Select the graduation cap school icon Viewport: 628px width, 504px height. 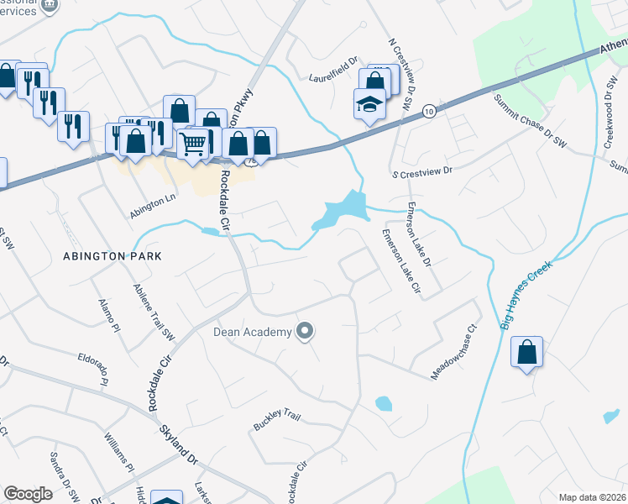point(369,105)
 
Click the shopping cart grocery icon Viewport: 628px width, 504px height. point(193,144)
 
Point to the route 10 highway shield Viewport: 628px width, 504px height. point(429,110)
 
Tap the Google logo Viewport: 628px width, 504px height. point(29,494)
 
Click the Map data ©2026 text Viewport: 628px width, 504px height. point(591,497)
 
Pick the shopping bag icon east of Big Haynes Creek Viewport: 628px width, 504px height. point(526,353)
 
